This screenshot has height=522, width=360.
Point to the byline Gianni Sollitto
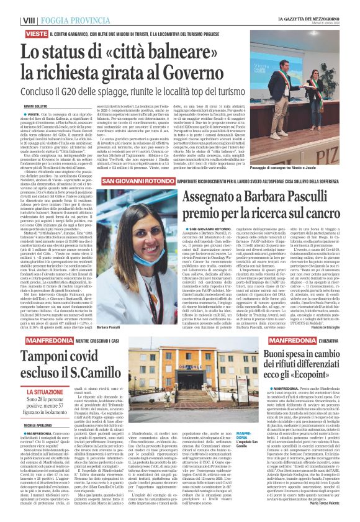(20, 89)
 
